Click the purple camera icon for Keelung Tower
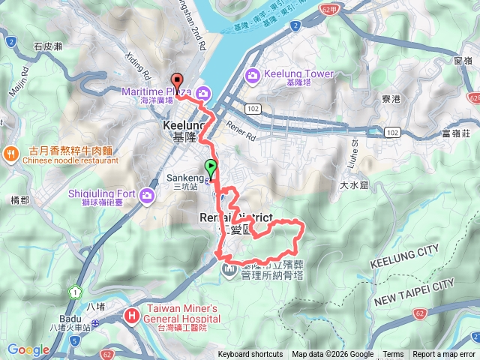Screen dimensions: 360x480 (x=252, y=75)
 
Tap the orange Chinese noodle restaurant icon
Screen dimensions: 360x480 (x=11, y=154)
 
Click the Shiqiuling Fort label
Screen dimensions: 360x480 (x=101, y=193)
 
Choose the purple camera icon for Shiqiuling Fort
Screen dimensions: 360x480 (x=146, y=196)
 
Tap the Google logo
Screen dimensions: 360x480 (x=28, y=349)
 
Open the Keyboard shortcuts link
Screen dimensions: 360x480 (x=250, y=355)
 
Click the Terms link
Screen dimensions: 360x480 (x=393, y=355)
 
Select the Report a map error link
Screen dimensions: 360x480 (x=444, y=355)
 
